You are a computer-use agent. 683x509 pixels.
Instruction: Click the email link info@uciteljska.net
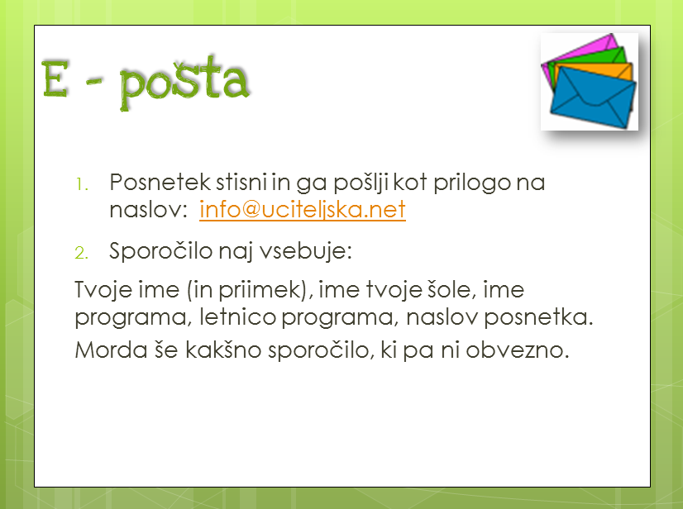[x=303, y=209]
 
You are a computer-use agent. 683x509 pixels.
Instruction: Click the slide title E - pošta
[x=146, y=82]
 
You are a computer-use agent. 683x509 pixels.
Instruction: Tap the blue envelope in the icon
[x=593, y=98]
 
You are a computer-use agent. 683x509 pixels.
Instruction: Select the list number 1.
[x=82, y=184]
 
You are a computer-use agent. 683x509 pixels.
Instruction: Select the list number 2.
[x=82, y=253]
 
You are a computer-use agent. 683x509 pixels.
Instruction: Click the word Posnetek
[x=160, y=182]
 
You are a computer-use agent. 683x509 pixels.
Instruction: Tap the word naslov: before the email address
[x=148, y=210]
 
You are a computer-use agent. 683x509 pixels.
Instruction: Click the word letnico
[x=237, y=317]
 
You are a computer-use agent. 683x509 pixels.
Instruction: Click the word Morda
[x=111, y=350]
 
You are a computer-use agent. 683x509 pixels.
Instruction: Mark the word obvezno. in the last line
[x=518, y=350]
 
